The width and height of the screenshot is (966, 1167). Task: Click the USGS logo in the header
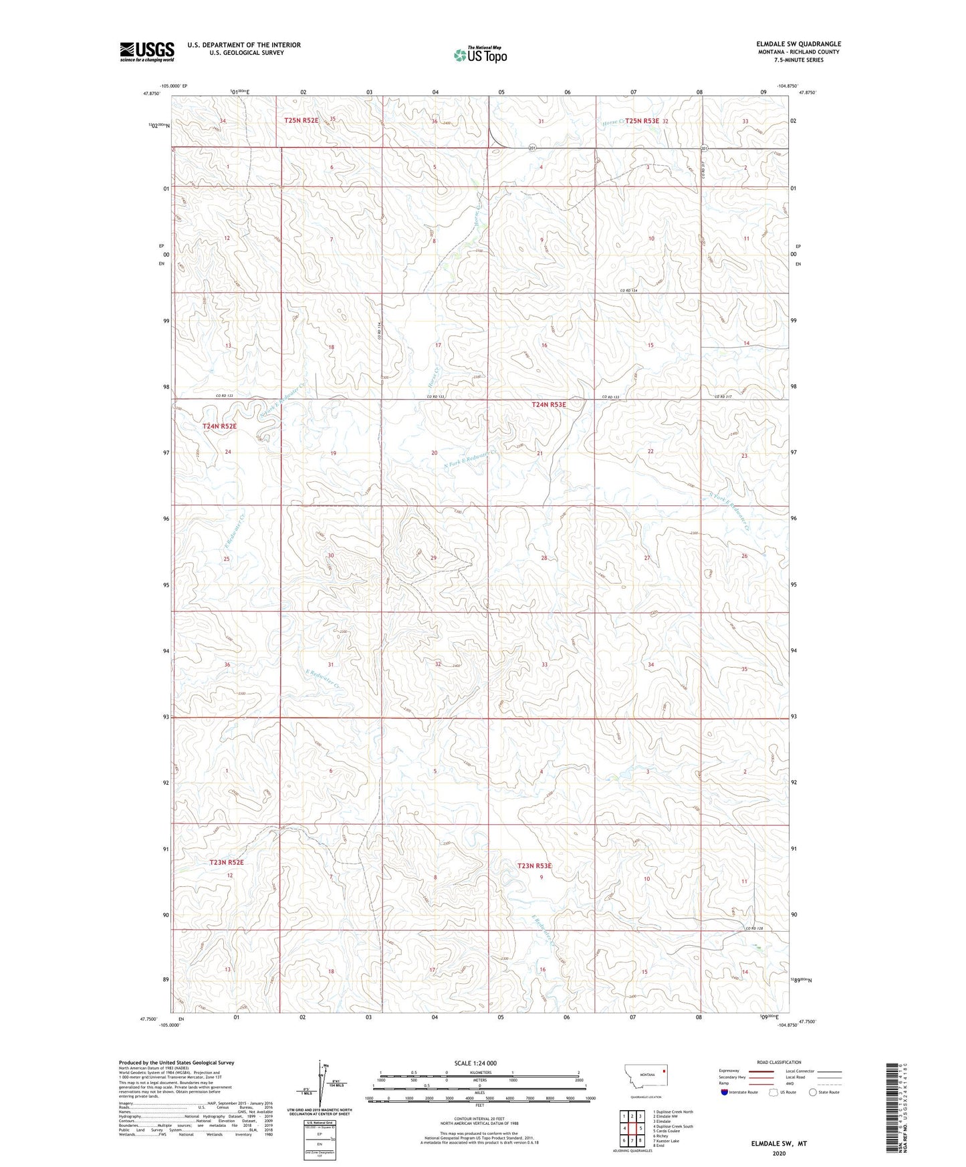point(147,51)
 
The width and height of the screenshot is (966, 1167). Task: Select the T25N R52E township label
point(301,120)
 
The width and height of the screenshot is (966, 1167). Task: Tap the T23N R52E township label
point(227,862)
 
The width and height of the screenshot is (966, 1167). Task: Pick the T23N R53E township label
point(535,866)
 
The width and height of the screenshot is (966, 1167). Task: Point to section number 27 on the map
point(646,558)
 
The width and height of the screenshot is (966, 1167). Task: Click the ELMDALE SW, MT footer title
point(779,1144)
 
